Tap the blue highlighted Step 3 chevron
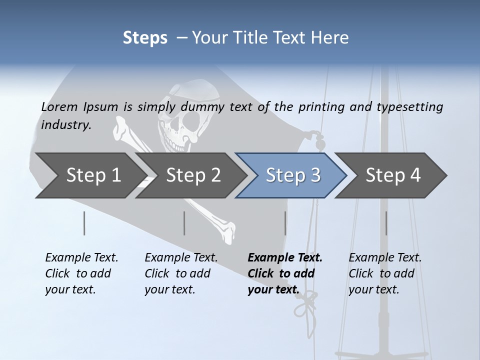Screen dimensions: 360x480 point(291,175)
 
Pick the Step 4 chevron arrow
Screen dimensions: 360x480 point(391,175)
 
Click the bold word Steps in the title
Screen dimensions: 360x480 point(145,38)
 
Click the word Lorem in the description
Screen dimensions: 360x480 point(59,106)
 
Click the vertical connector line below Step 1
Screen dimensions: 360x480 point(84,223)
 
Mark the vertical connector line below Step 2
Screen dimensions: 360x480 point(184,223)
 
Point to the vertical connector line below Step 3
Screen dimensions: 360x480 point(285,223)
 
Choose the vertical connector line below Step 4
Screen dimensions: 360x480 point(386,223)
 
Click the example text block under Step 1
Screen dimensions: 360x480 point(81,273)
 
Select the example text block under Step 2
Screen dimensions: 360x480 point(181,273)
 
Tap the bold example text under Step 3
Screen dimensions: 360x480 point(285,273)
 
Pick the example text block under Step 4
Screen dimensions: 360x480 point(385,273)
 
